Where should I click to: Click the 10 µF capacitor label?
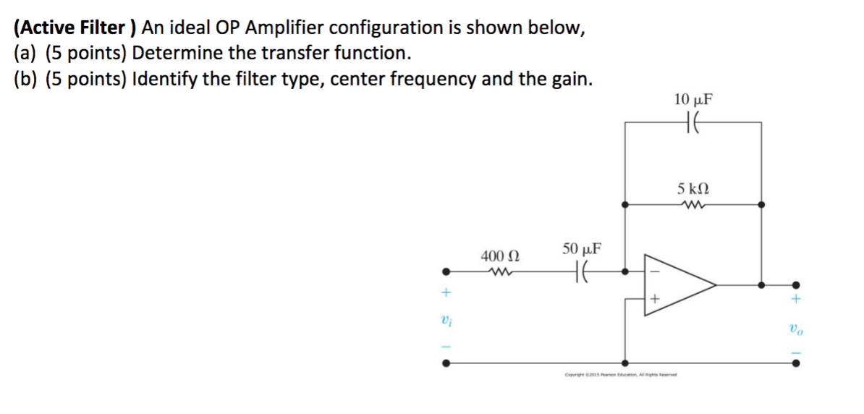click(x=693, y=100)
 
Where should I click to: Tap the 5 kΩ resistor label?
click(x=693, y=189)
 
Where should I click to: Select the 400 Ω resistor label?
click(x=499, y=255)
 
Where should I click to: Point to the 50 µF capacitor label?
click(x=580, y=250)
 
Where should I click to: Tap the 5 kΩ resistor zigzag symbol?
click(x=693, y=204)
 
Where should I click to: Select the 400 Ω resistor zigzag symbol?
click(x=499, y=273)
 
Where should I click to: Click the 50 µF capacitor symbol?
click(x=581, y=273)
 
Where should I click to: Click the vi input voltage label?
click(x=446, y=321)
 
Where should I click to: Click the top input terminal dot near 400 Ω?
click(x=446, y=273)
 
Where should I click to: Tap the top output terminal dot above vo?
click(x=795, y=285)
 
